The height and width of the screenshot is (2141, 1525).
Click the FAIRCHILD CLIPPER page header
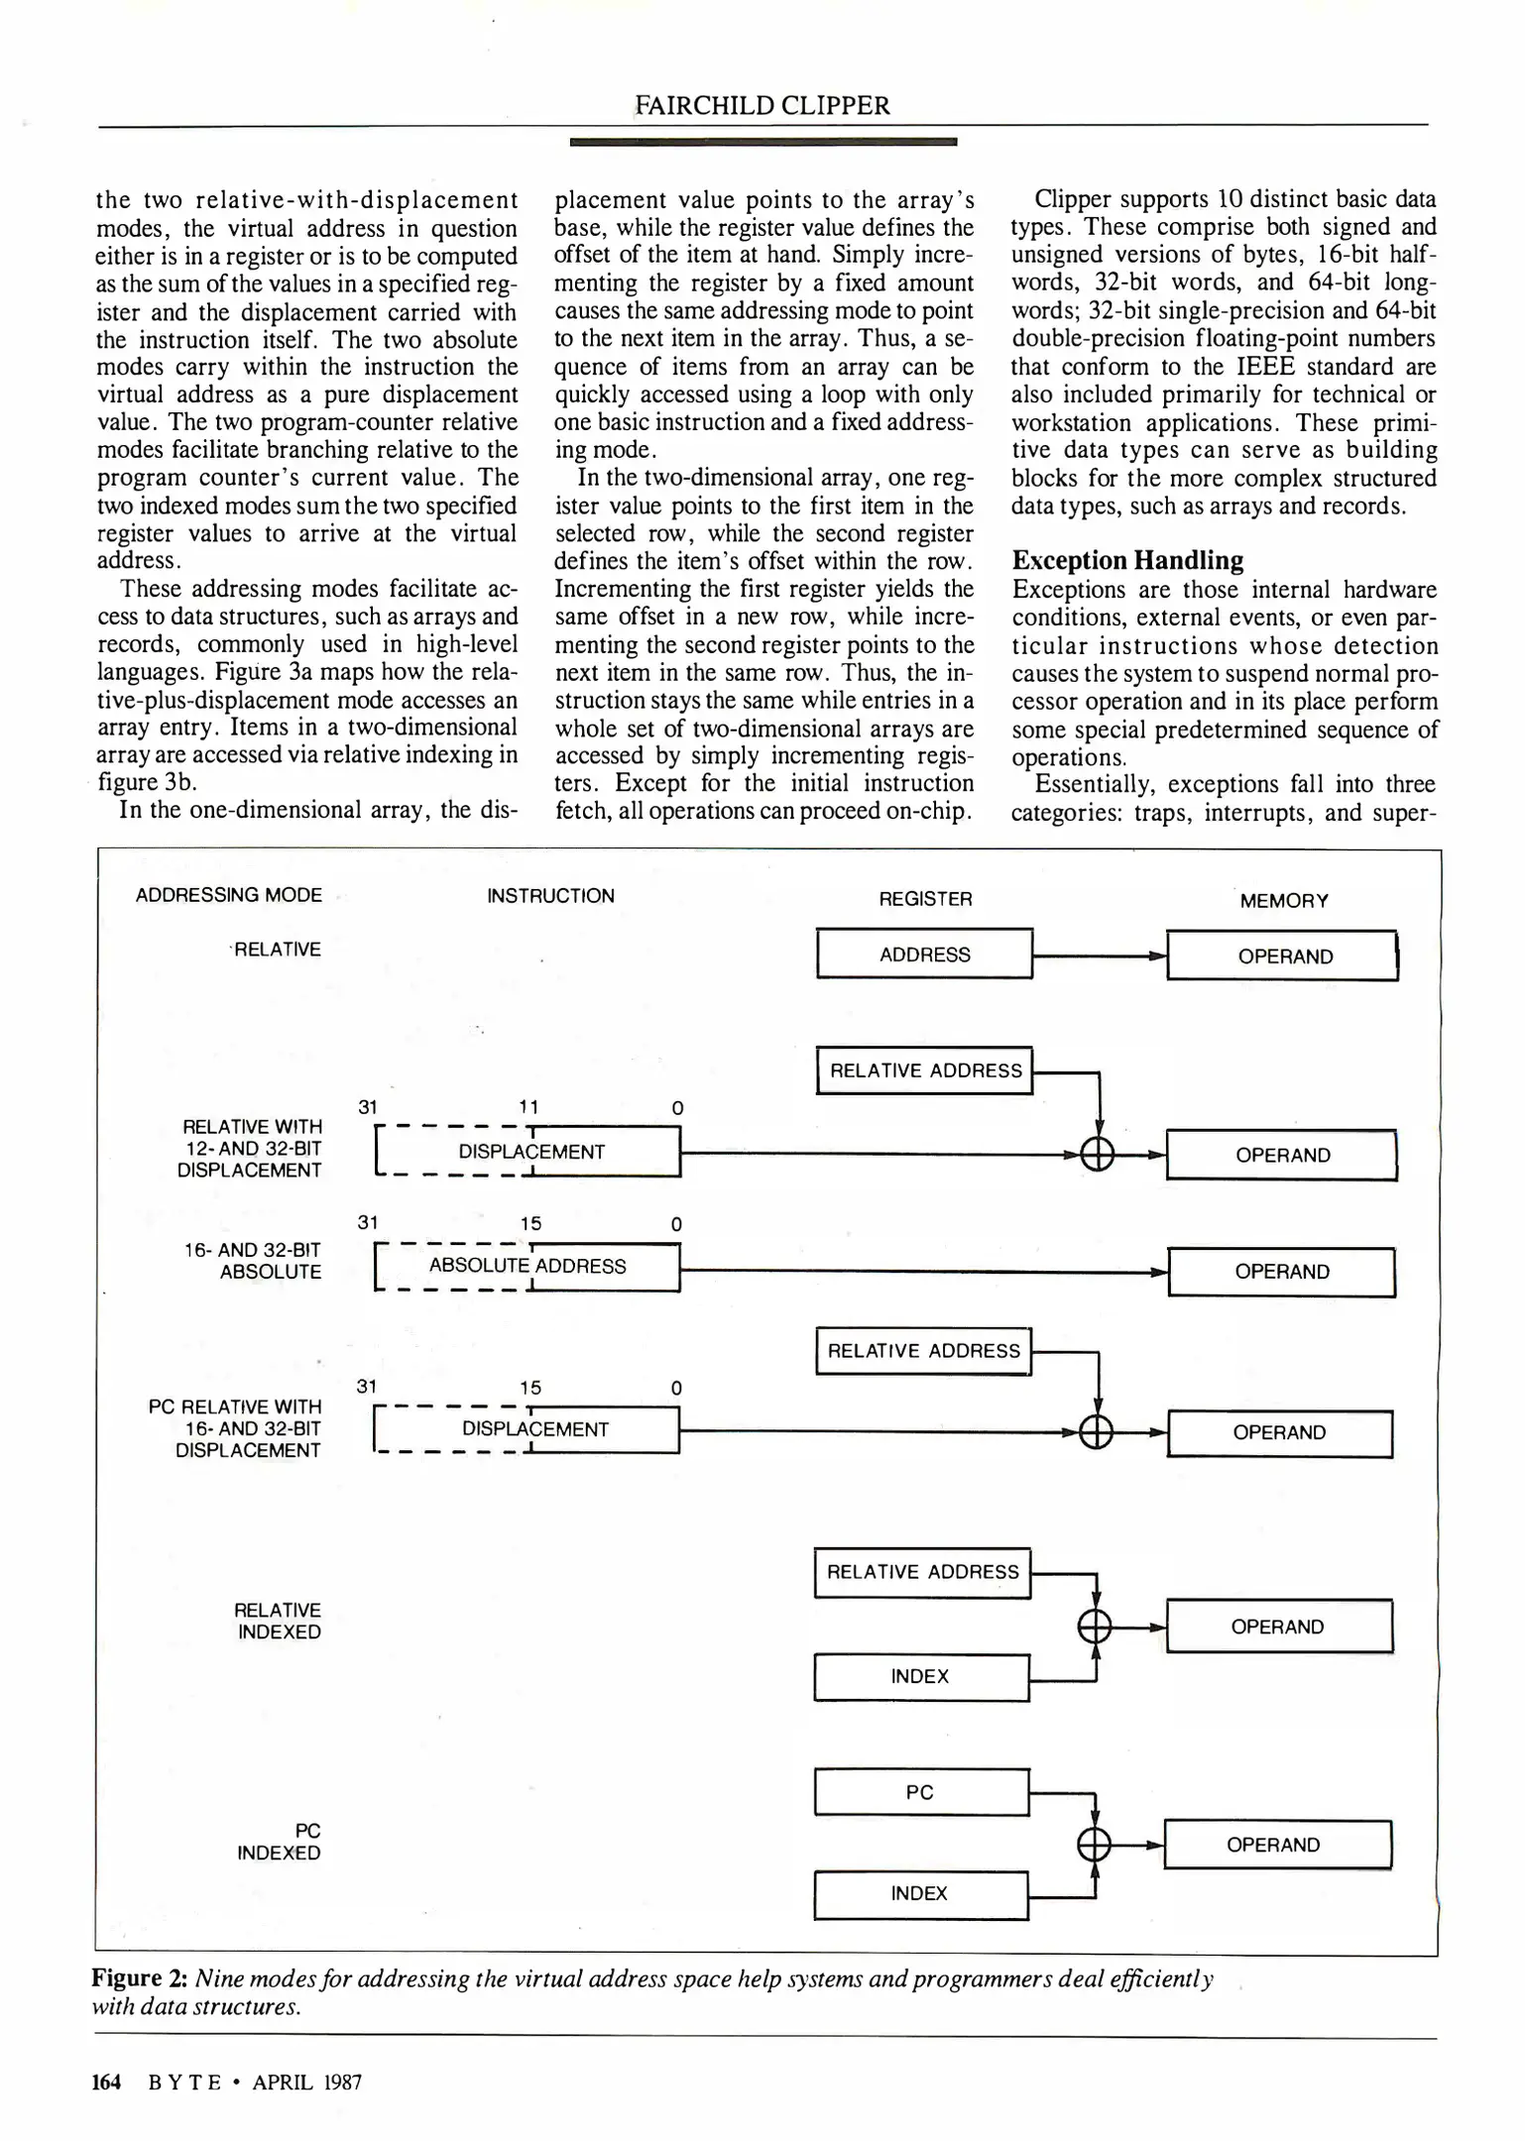pos(762,105)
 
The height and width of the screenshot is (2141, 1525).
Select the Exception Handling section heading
pos(1127,561)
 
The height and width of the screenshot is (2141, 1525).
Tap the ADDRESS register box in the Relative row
pos(924,955)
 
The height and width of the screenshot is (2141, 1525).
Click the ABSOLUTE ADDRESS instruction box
pos(528,1267)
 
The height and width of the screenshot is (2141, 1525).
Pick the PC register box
pos(920,1792)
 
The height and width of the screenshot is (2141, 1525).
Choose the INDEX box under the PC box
pos(920,1893)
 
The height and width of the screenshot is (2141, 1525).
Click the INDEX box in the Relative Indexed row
pos(920,1676)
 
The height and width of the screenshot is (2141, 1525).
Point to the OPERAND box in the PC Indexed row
pos(1277,1845)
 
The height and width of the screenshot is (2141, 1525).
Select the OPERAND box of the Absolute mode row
pos(1282,1272)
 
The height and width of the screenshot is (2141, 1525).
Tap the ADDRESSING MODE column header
pos(229,895)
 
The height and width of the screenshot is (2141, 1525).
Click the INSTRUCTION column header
pos(550,896)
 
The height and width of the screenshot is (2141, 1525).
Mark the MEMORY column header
pos(1284,901)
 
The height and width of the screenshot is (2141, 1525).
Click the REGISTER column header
pos(925,899)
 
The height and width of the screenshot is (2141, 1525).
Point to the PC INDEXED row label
pos(280,1842)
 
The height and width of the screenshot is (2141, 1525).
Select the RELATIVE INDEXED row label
pos(279,1621)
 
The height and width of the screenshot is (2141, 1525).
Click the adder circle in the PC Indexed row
pos(1094,1845)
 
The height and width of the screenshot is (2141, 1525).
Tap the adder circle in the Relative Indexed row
pos(1095,1627)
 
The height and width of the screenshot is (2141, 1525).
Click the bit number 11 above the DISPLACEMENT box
pos(528,1107)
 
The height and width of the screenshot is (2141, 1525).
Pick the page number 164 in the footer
pos(106,2082)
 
